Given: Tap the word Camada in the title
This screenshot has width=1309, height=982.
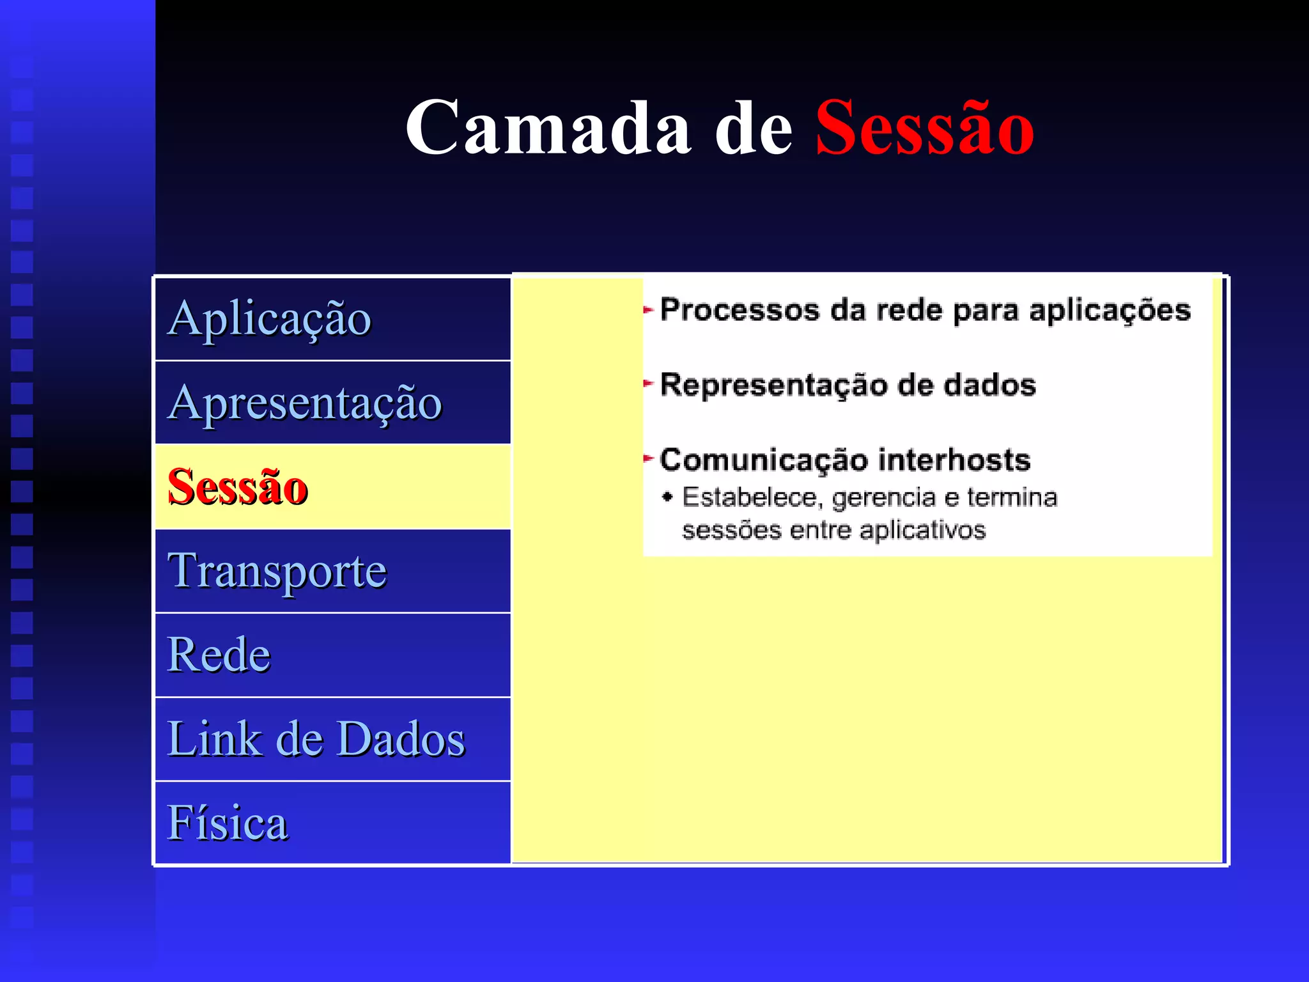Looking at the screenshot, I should click(x=548, y=128).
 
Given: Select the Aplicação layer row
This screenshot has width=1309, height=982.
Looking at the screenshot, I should click(x=332, y=318).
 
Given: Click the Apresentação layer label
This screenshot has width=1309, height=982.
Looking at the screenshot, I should click(x=305, y=403).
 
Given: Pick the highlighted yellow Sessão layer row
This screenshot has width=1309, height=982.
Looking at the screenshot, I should click(x=332, y=487).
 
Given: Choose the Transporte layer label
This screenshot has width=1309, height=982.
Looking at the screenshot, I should click(x=277, y=571).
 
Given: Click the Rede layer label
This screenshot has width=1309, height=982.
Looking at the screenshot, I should click(x=219, y=655).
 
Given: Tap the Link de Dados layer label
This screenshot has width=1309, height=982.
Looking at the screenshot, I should click(x=316, y=739).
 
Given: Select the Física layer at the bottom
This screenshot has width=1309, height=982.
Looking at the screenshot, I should click(x=228, y=823).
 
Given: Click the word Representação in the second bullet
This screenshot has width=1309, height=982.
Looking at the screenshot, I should click(x=773, y=386).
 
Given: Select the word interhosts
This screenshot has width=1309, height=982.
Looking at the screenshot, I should click(x=954, y=460).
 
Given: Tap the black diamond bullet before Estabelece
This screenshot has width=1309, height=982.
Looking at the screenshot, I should click(x=668, y=497).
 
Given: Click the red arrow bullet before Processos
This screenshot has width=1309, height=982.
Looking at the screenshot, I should click(x=648, y=310).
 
